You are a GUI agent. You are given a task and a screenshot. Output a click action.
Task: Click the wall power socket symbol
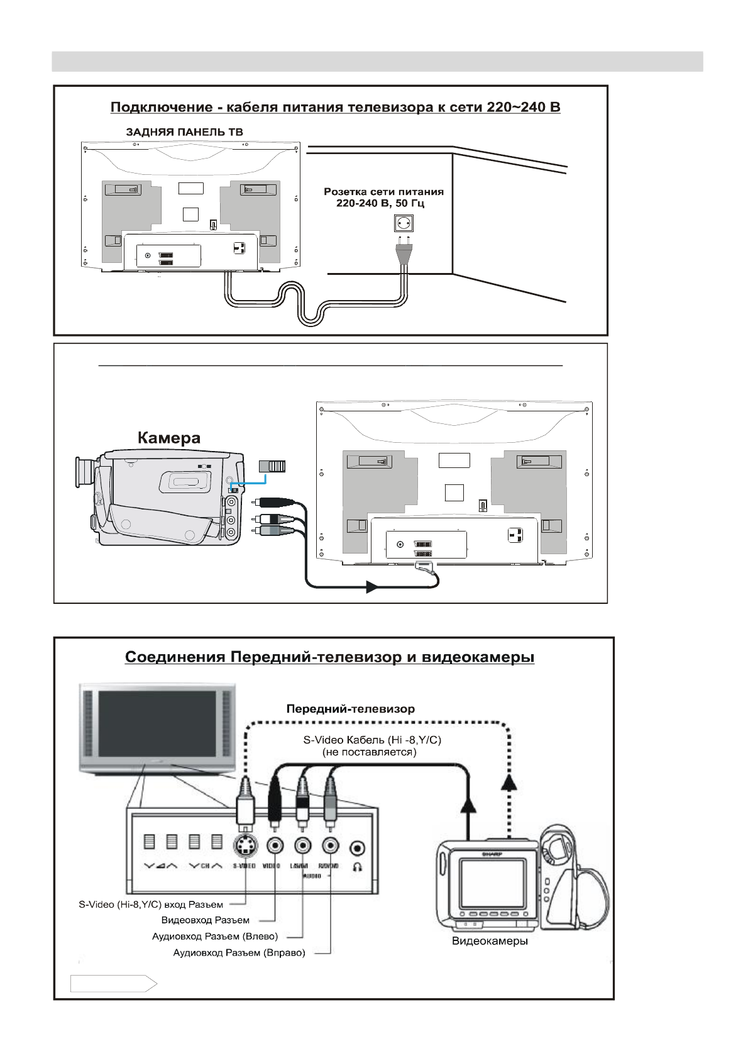pos(402,223)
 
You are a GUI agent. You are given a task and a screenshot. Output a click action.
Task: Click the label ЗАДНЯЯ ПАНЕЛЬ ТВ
pos(184,132)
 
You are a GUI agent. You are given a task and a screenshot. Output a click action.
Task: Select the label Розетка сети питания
pos(383,191)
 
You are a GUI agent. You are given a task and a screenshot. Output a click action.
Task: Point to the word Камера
pos(169,438)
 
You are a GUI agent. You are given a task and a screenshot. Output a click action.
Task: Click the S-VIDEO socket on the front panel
pos(244,847)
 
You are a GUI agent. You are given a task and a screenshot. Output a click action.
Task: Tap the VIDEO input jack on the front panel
pos(275,847)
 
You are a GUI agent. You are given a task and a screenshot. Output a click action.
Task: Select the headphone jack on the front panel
pos(358,847)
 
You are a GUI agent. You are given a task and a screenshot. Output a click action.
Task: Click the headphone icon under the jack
pos(358,866)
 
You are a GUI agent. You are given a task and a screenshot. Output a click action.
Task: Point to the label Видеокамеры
pos(490,941)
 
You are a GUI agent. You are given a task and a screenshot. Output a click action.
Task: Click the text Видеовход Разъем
pos(206,920)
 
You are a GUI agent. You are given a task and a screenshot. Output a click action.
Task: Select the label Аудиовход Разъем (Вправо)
pos(239,953)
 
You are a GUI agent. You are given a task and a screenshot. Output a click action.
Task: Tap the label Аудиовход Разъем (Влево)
pos(215,937)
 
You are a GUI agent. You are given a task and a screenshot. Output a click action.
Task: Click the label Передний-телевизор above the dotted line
pos(350,708)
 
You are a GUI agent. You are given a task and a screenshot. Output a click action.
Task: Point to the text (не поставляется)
pos(369,752)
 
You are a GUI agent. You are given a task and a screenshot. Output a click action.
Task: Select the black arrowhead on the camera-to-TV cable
pos(371,587)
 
